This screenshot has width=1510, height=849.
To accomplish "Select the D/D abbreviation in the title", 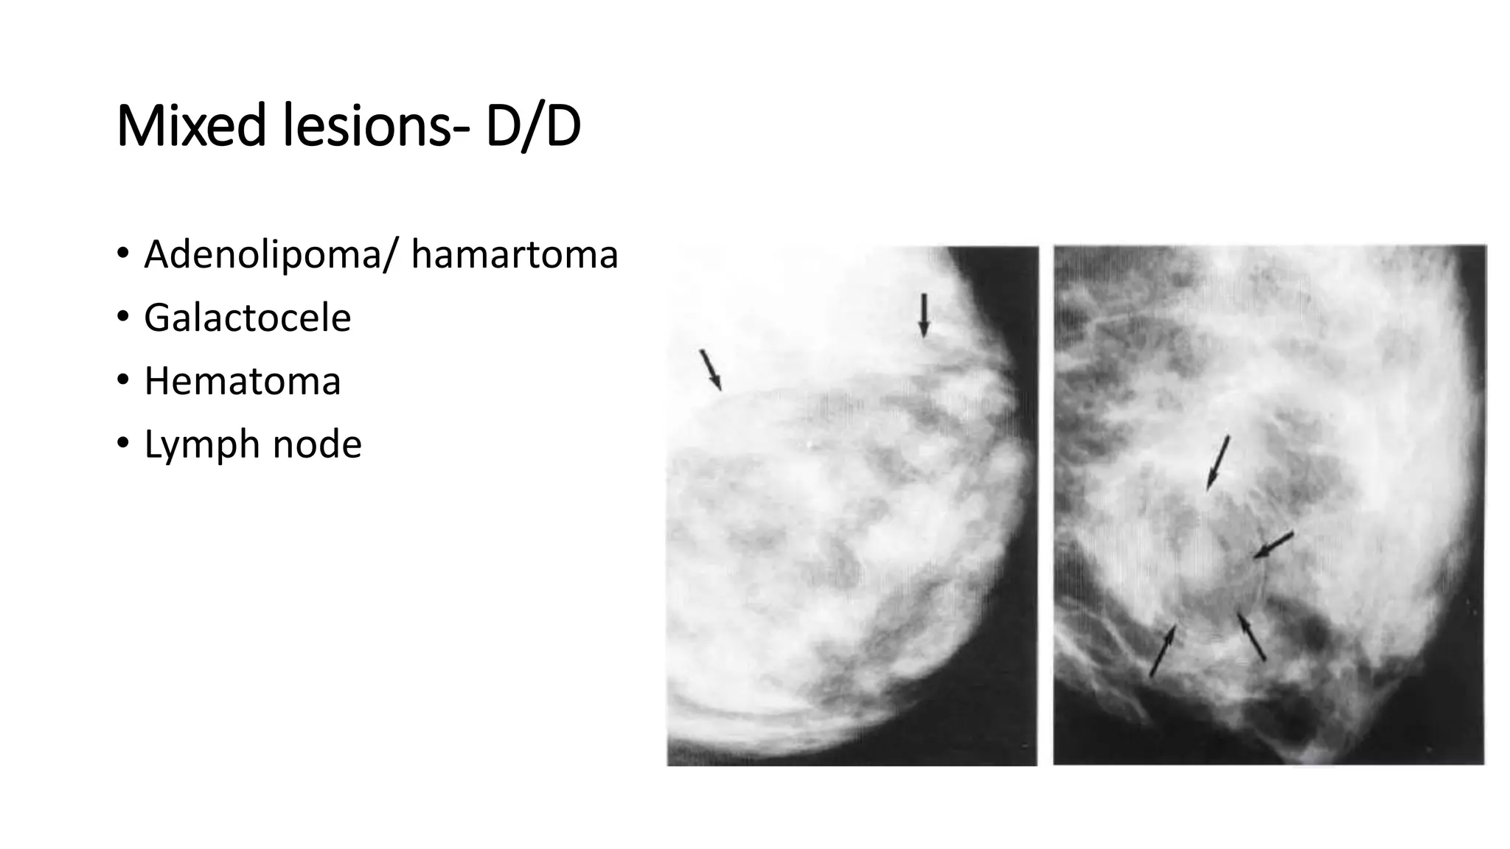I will [533, 127].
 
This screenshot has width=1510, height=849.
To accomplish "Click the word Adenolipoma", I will [262, 255].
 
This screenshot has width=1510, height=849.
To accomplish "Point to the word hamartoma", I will [514, 255].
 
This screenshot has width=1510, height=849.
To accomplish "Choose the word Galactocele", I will [247, 318].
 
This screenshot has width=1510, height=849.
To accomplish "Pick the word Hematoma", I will [242, 381].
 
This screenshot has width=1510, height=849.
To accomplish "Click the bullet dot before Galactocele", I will [122, 317].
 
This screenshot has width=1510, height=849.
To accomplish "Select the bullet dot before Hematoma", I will [122, 380].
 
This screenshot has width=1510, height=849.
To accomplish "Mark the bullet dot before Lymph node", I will [122, 444].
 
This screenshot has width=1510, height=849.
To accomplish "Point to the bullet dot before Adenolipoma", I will [122, 254].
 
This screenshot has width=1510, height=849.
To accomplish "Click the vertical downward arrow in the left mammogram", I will [923, 315].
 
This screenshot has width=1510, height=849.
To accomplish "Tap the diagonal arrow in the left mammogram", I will [710, 369].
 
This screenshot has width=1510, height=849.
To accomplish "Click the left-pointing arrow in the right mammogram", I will [1273, 545].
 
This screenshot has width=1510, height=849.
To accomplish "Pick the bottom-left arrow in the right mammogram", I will [1163, 651].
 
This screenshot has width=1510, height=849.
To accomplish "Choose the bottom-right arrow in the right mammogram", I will [1252, 637].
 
